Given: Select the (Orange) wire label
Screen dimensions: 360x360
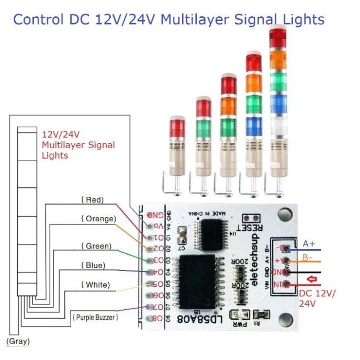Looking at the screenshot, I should [98, 218].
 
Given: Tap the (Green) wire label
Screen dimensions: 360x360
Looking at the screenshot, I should [96, 245].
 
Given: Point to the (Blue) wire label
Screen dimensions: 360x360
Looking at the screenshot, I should [92, 265].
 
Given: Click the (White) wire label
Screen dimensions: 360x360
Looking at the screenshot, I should [95, 285].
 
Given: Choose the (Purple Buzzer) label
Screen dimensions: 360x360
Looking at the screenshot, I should [95, 317].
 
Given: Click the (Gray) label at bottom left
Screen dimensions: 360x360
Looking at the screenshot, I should [18, 341].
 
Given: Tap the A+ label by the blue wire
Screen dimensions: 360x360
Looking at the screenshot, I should [309, 243].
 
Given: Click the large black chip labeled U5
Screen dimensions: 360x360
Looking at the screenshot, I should [198, 282].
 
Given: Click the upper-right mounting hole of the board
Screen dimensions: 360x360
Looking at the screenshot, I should [285, 214].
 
